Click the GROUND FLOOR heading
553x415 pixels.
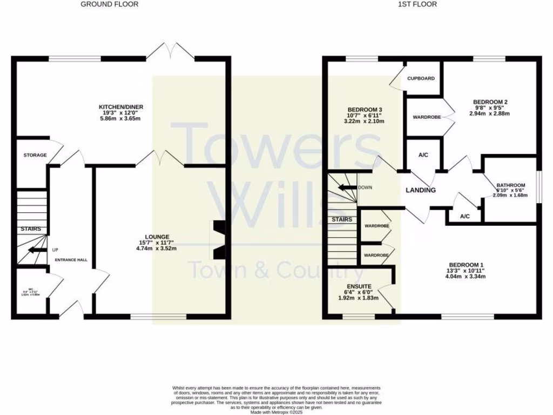click(110, 4)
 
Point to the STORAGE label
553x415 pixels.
click(35, 155)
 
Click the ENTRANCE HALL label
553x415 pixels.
click(71, 260)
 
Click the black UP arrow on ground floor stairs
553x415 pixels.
click(37, 250)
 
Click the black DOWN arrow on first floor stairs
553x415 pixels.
click(347, 188)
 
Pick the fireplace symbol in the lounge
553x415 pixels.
click(218, 240)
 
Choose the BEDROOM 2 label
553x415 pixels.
click(490, 102)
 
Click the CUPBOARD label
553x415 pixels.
click(421, 78)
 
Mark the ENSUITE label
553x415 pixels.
click(358, 286)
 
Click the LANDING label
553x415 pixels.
click(421, 190)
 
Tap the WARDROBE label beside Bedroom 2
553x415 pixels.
click(427, 117)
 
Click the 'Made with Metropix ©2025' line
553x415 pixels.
click(276, 412)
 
